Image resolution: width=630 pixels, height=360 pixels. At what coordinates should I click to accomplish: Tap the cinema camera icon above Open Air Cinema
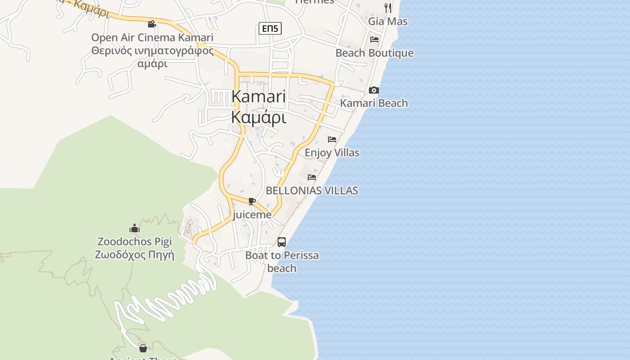pyautogui.click(x=152, y=24)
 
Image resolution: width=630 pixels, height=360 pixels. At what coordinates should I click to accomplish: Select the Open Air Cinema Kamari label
pyautogui.click(x=152, y=37)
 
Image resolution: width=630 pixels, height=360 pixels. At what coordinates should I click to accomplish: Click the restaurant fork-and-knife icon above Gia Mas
pyautogui.click(x=388, y=8)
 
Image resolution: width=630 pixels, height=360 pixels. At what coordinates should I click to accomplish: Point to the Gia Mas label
pyautogui.click(x=388, y=21)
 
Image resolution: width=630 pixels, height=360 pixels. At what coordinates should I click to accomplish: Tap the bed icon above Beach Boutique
pyautogui.click(x=374, y=40)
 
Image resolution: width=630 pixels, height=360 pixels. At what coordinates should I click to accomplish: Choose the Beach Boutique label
pyautogui.click(x=374, y=53)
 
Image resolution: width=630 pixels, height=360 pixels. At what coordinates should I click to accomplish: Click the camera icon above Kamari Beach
pyautogui.click(x=373, y=90)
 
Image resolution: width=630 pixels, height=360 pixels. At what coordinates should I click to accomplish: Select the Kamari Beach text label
pyautogui.click(x=374, y=103)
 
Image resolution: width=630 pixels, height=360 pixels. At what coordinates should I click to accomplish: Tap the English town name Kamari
pyautogui.click(x=259, y=97)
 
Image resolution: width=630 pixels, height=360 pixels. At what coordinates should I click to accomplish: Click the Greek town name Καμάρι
pyautogui.click(x=259, y=117)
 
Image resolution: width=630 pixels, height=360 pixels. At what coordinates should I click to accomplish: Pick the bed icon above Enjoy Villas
pyautogui.click(x=332, y=139)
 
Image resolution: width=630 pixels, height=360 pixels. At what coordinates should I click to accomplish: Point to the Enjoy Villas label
pyautogui.click(x=332, y=153)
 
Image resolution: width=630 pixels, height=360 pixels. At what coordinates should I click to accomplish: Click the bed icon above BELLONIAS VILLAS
pyautogui.click(x=312, y=177)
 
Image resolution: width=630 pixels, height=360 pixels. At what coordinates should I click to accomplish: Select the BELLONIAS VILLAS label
pyautogui.click(x=312, y=190)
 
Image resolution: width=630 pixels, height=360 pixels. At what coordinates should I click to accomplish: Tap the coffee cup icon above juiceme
pyautogui.click(x=252, y=201)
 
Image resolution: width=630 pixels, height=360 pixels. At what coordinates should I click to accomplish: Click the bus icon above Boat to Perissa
pyautogui.click(x=282, y=242)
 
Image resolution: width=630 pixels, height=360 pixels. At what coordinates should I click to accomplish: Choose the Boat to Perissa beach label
pyautogui.click(x=282, y=261)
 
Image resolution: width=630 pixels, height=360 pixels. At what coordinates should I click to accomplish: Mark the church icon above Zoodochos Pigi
pyautogui.click(x=134, y=228)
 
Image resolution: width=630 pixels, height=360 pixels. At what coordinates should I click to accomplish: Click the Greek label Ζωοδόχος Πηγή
pyautogui.click(x=134, y=255)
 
